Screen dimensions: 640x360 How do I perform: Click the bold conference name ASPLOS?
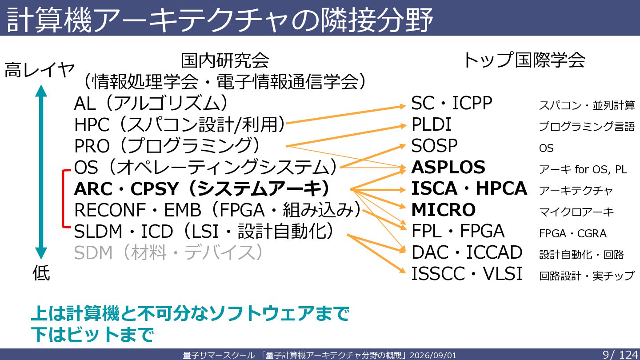tap(448, 167)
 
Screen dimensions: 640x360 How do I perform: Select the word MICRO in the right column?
tap(444, 210)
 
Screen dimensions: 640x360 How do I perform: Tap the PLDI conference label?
tap(431, 124)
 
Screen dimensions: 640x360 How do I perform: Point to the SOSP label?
tap(434, 146)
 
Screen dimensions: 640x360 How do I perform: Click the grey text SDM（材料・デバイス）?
tap(168, 252)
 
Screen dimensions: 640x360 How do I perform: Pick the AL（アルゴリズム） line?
tap(151, 103)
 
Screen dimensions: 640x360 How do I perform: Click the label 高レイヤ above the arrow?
tap(40, 70)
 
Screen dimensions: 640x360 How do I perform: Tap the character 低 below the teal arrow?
tap(41, 272)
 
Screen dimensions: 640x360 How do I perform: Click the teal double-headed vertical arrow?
tap(41, 172)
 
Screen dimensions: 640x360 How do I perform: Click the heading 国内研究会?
tap(225, 60)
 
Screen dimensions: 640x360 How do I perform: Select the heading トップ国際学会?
tap(524, 60)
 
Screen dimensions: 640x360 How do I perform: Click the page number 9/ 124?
tap(620, 355)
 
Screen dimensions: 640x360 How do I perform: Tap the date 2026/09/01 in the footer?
tap(433, 355)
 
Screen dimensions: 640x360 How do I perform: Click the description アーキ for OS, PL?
tap(583, 169)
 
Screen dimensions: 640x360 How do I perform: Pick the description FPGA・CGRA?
tap(572, 233)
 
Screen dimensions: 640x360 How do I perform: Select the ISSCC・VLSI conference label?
tap(467, 273)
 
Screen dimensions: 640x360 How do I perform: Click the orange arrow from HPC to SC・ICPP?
tap(346, 115)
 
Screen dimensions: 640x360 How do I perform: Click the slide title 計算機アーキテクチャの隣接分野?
tap(220, 20)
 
